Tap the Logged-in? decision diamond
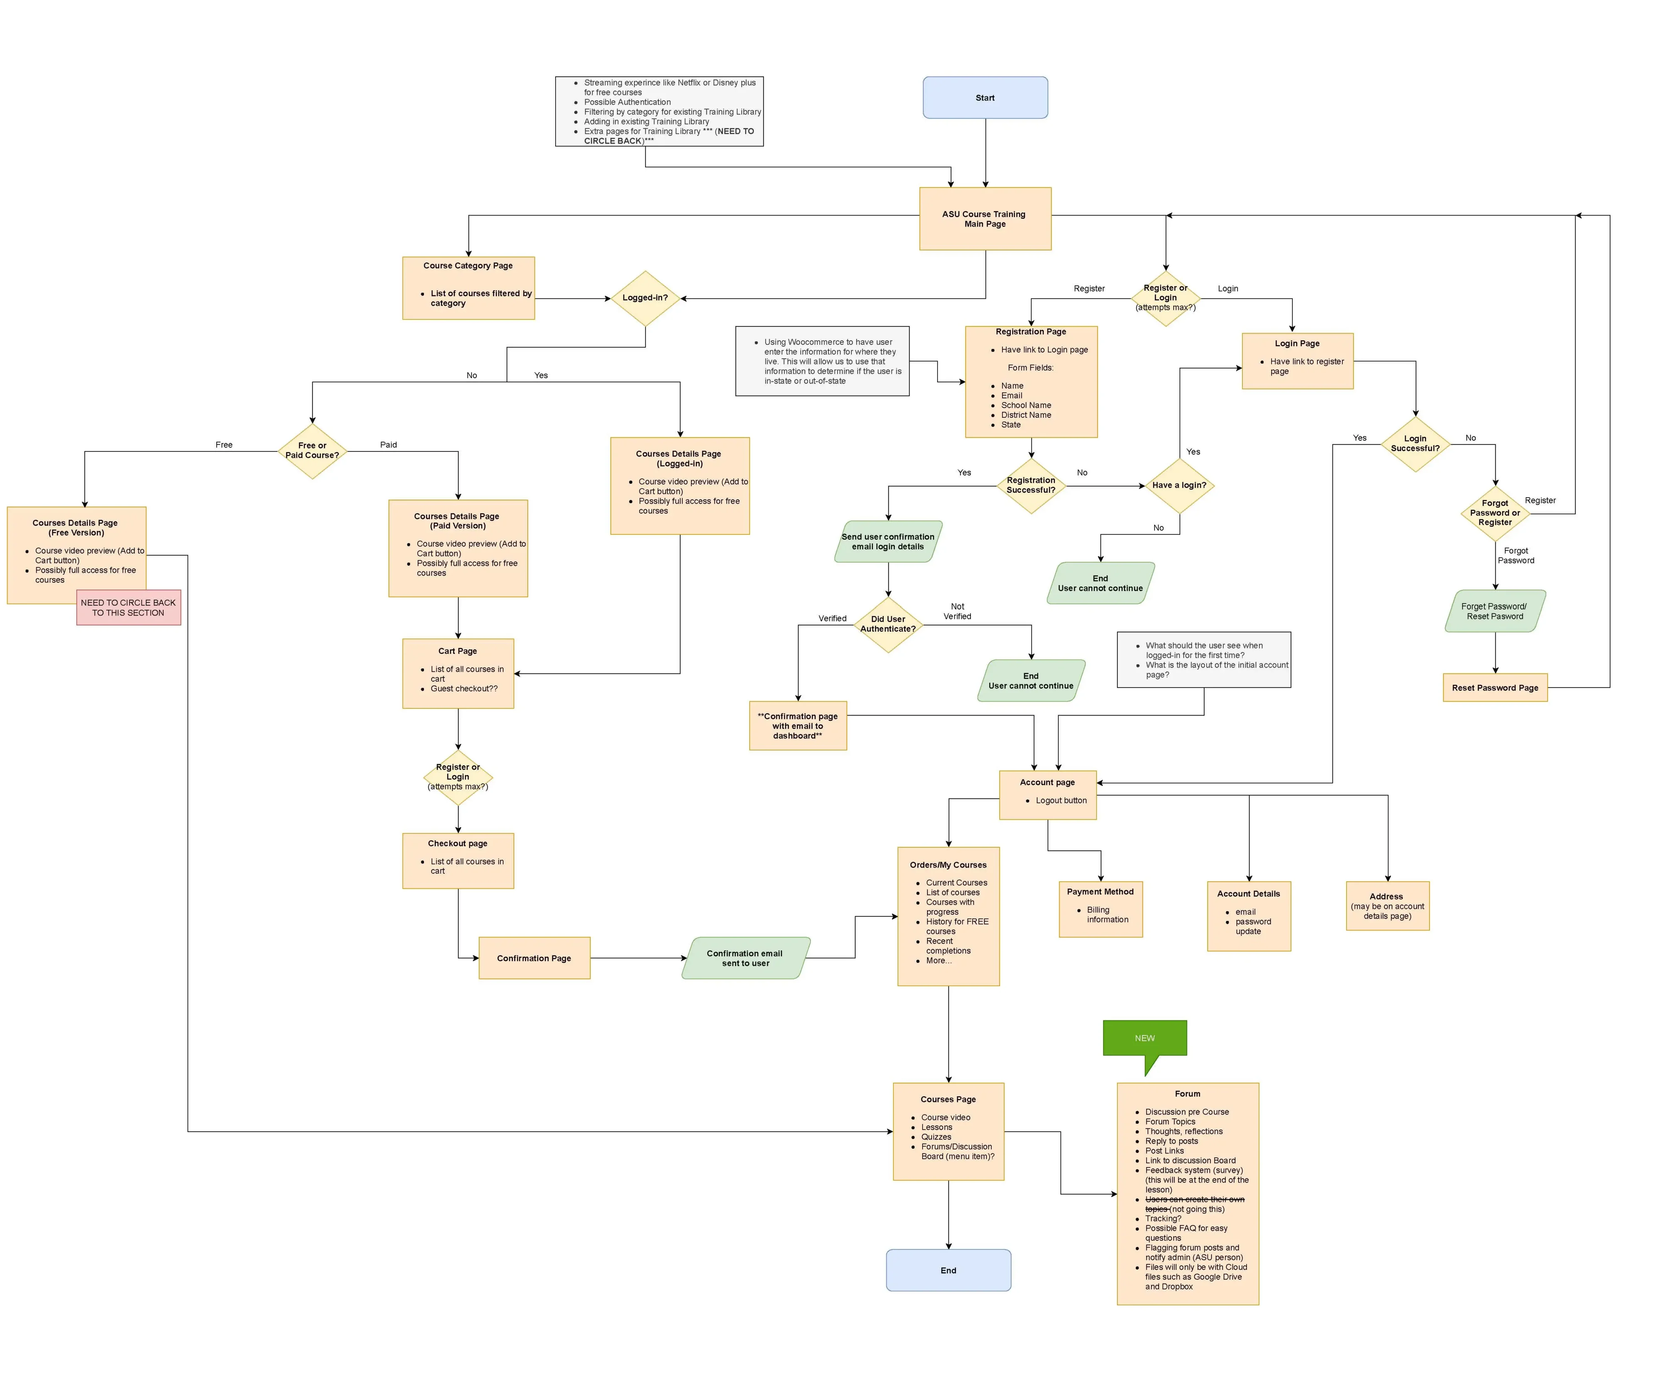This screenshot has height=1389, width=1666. (x=645, y=298)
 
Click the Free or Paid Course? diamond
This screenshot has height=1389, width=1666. (x=312, y=451)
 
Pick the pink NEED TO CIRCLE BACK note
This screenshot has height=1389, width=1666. (x=129, y=608)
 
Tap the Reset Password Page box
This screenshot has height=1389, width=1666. (x=1495, y=688)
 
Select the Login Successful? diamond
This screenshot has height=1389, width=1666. (x=1415, y=444)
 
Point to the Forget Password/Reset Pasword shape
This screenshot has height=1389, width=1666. (x=1495, y=611)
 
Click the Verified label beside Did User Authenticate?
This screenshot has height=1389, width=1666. (x=832, y=619)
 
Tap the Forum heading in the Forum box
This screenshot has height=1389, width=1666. (x=1187, y=1094)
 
